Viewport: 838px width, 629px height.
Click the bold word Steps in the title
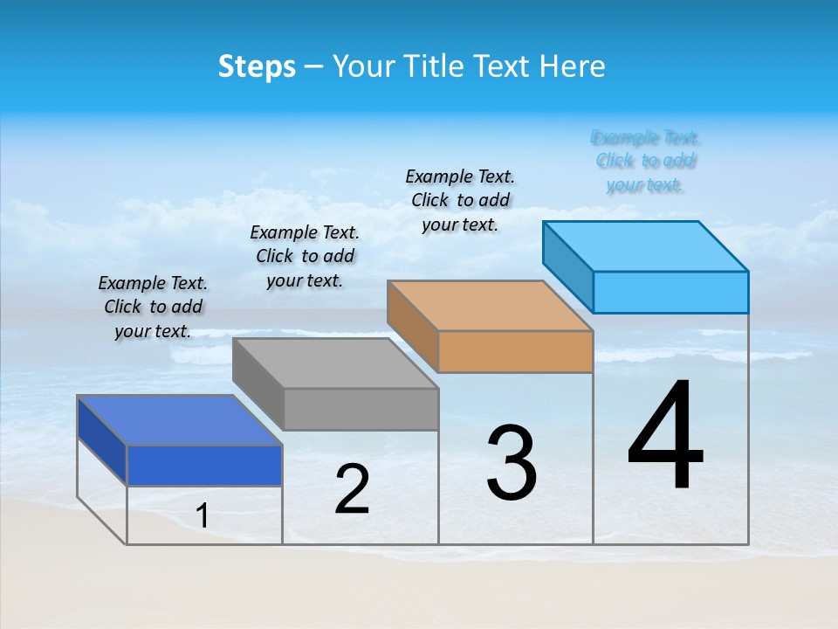[x=257, y=66]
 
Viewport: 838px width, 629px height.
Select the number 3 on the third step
[x=511, y=463]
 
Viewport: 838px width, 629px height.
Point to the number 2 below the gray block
[x=352, y=489]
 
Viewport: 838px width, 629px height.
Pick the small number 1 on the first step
[x=203, y=516]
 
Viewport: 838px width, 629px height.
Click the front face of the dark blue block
[x=204, y=465]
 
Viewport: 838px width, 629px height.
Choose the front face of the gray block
[x=361, y=409]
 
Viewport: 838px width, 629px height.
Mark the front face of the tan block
[x=515, y=351]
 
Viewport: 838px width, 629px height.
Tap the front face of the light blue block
[x=670, y=292]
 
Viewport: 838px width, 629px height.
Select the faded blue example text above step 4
[x=645, y=161]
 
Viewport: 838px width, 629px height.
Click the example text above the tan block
[x=460, y=200]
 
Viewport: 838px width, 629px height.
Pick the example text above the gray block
[x=305, y=256]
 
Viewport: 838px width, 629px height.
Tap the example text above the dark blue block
[x=153, y=307]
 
